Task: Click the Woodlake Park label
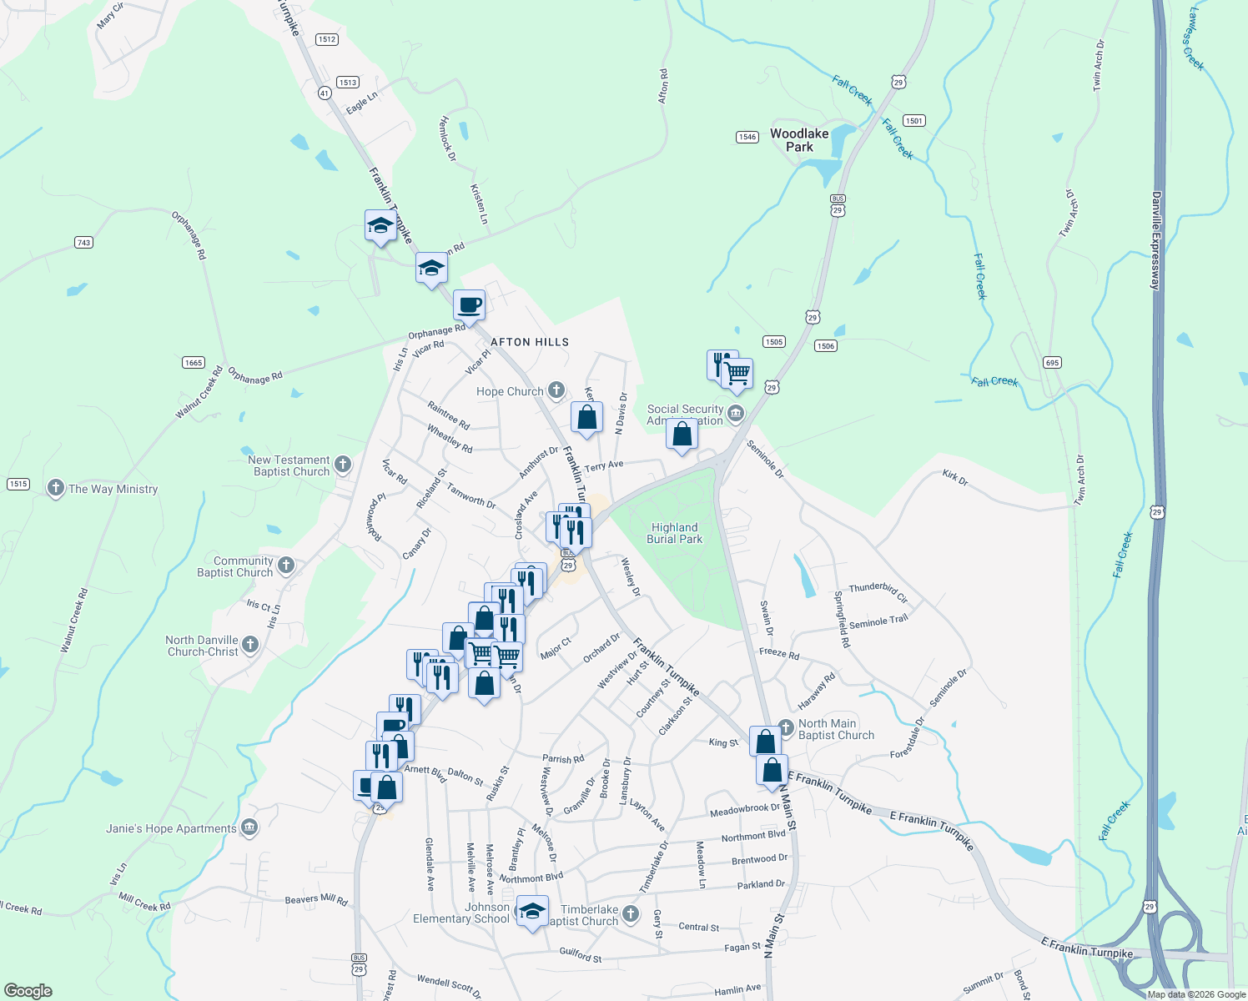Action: pos(799,140)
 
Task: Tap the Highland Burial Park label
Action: pos(675,533)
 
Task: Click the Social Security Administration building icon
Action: pos(736,413)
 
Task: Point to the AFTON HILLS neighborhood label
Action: pos(530,342)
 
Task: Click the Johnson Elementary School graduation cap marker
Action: pos(532,910)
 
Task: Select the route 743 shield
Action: pos(83,243)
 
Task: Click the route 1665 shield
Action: pos(194,362)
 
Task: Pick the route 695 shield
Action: pos(1052,362)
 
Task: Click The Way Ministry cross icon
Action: pos(56,488)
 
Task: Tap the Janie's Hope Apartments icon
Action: pos(249,827)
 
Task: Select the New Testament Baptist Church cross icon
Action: pos(343,465)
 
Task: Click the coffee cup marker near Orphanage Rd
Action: pos(470,304)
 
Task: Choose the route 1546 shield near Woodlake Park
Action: pos(747,137)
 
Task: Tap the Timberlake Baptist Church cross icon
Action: pos(631,914)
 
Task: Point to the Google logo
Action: pos(28,991)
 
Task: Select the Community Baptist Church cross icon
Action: pos(286,566)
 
